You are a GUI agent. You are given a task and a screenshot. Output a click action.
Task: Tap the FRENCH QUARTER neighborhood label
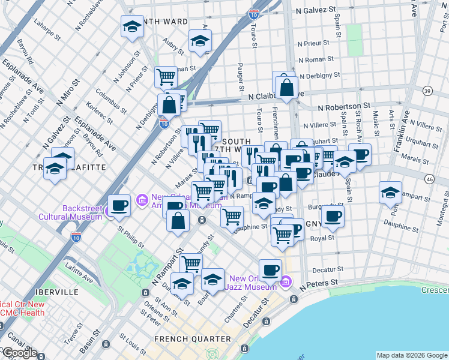(192, 339)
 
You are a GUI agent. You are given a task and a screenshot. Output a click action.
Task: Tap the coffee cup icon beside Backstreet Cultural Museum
(119, 205)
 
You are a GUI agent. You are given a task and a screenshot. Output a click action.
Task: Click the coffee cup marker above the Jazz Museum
(270, 269)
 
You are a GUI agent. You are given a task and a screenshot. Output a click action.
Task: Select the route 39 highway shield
(427, 91)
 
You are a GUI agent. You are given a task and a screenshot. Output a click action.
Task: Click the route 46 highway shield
(429, 179)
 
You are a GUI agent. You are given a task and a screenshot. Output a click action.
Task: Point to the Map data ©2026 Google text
(411, 355)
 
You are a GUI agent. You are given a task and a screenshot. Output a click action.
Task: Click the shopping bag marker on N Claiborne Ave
(287, 87)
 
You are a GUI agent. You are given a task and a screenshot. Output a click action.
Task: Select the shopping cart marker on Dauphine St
(232, 216)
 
